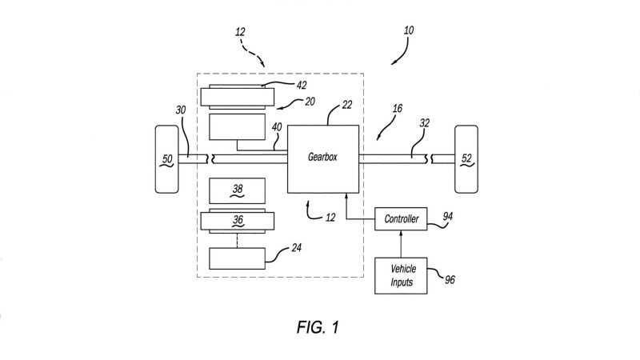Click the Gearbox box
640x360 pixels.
322,158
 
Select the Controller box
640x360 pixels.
401,218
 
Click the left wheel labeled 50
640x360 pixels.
168,158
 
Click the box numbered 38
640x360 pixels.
237,190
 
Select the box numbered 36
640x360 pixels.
237,219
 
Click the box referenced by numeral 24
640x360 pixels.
237,258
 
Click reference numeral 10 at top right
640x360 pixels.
409,31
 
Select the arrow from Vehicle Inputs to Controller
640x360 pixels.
401,242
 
